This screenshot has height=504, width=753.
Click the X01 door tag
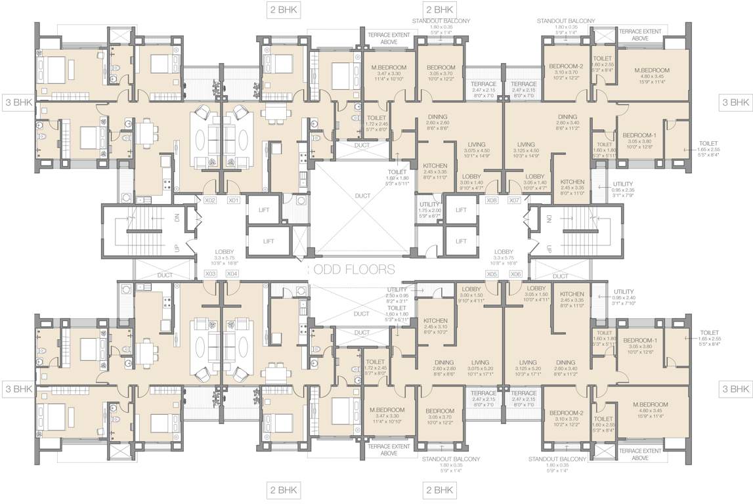click(x=234, y=200)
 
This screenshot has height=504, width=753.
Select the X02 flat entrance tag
click(x=210, y=200)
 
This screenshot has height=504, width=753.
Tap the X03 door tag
click(x=210, y=274)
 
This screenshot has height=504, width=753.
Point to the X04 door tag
click(x=232, y=274)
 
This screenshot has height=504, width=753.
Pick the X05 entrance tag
click(x=492, y=274)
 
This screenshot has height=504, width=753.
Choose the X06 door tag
click(x=515, y=274)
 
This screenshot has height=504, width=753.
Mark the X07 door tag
click(x=515, y=200)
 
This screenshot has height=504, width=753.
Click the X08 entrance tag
click(x=492, y=200)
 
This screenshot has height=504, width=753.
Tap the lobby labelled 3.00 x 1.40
click(x=471, y=182)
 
